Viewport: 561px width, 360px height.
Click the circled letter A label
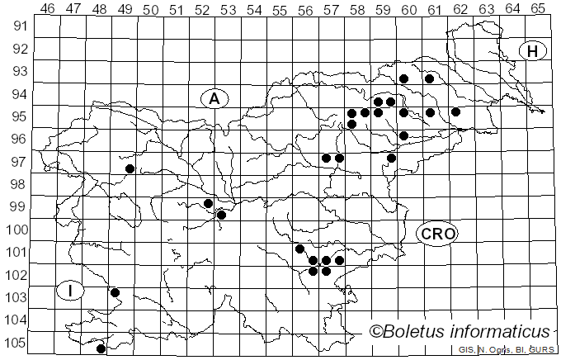[x=214, y=99]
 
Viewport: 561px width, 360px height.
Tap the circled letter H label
[x=532, y=51]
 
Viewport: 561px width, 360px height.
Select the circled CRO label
[x=437, y=234]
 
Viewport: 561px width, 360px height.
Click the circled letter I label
[x=71, y=290]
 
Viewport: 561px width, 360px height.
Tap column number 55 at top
[x=280, y=9]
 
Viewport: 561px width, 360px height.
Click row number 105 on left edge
[x=16, y=343]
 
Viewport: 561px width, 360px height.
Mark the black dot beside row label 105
[x=101, y=349]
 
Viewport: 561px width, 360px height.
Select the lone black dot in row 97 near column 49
[x=130, y=168]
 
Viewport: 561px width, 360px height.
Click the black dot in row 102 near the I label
[x=115, y=292]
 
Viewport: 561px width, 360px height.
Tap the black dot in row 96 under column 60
[x=403, y=135]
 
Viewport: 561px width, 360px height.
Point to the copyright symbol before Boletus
[x=375, y=332]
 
